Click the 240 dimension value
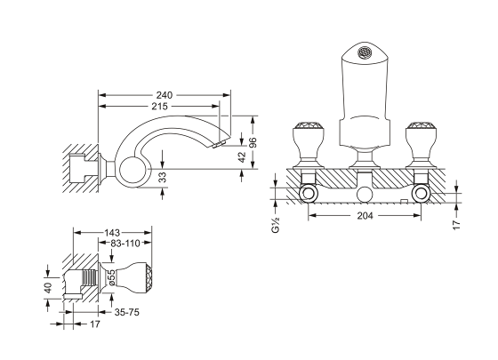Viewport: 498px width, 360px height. (165, 95)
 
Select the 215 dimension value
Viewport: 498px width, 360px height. (159, 106)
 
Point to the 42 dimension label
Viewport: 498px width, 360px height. (242, 156)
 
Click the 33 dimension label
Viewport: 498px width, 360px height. (162, 177)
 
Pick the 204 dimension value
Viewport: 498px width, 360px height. (365, 215)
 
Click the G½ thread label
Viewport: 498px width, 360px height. (275, 224)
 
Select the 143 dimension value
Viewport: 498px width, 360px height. (112, 233)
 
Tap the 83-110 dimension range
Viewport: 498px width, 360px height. (124, 244)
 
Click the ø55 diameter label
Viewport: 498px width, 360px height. (111, 277)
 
